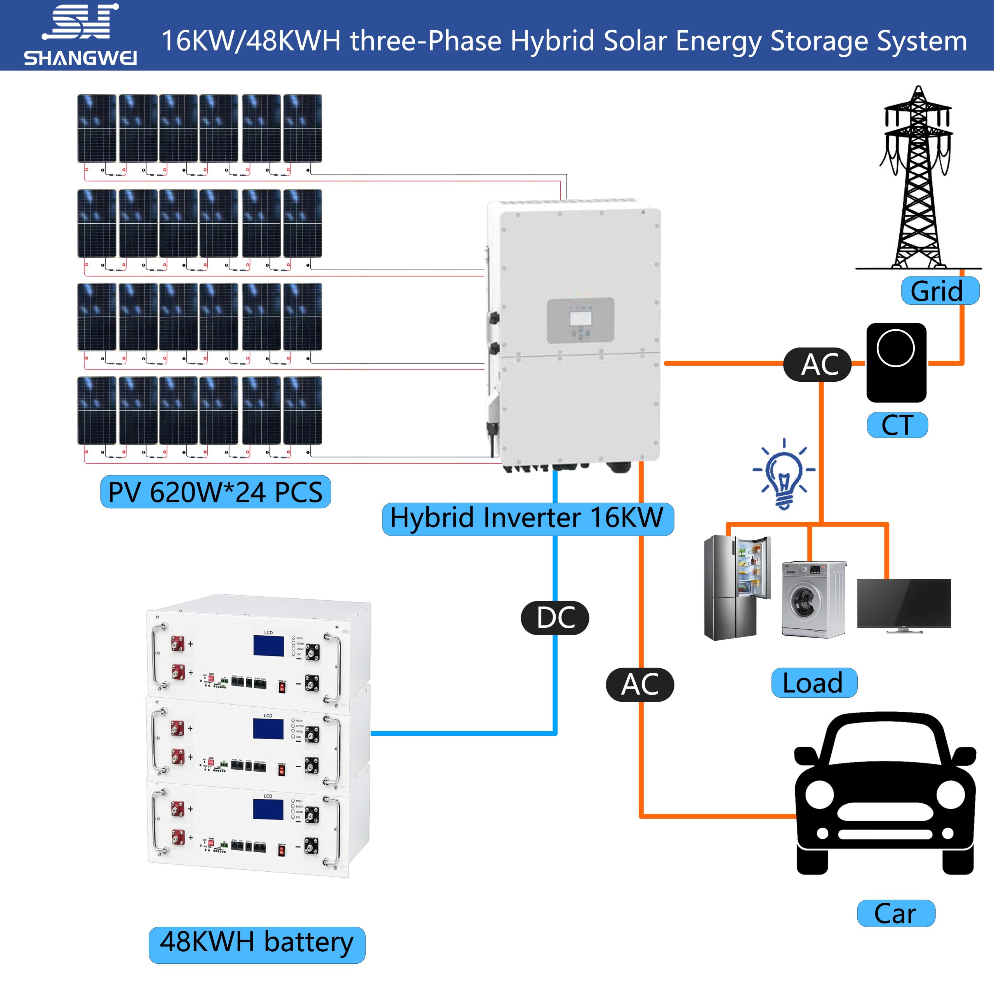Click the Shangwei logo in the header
click(x=80, y=35)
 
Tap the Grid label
click(x=940, y=291)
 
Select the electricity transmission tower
click(x=918, y=180)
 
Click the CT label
click(x=897, y=425)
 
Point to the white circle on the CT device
click(x=895, y=348)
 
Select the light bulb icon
click(x=783, y=473)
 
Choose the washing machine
click(x=813, y=600)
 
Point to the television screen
click(x=904, y=603)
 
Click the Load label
click(x=814, y=683)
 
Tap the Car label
click(x=896, y=914)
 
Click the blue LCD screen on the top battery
click(x=268, y=646)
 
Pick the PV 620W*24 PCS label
click(x=215, y=492)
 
